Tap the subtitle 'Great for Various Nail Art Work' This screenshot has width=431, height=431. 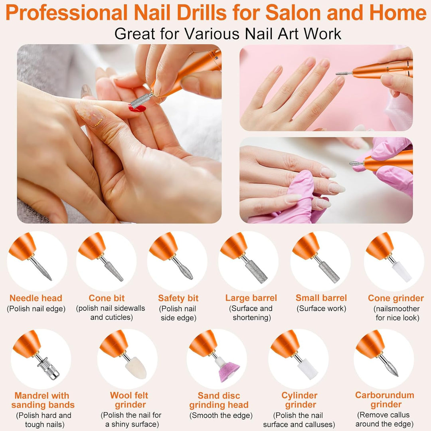(228, 33)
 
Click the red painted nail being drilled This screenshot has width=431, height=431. (137, 108)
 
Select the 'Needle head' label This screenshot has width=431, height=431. (36, 298)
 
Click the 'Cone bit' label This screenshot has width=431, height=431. (107, 298)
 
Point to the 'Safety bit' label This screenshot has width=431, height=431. (178, 298)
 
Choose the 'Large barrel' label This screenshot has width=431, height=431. (251, 298)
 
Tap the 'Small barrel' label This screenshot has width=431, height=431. (321, 298)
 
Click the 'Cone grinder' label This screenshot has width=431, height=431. (396, 298)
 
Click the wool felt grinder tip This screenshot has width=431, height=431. (136, 368)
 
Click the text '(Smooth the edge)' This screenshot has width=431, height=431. (221, 415)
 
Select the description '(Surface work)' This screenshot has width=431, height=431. (321, 308)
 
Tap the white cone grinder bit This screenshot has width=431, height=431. (401, 273)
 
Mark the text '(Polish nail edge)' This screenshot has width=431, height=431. (36, 308)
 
